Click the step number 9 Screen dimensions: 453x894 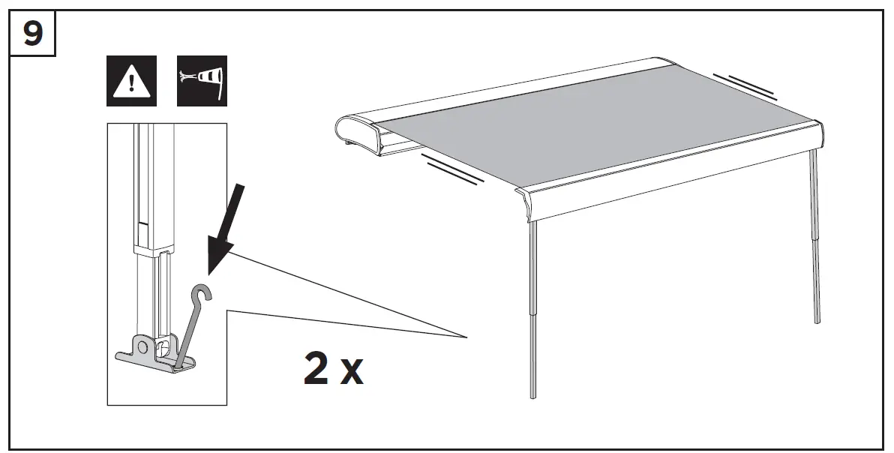(x=32, y=34)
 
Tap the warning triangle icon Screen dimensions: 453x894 (x=131, y=80)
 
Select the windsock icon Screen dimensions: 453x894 (x=202, y=80)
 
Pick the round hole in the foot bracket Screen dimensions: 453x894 (x=140, y=346)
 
